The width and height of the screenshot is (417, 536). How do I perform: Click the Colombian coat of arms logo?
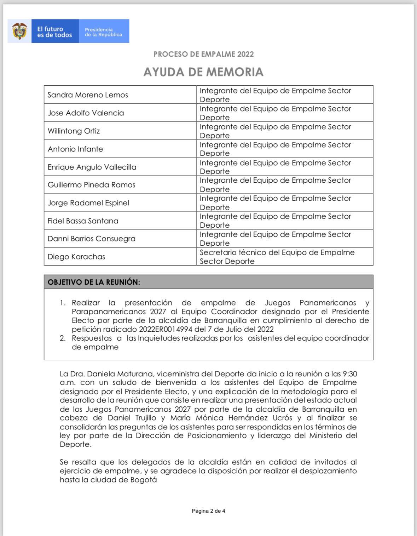[19, 31]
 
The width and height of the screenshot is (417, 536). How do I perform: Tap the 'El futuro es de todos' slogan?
[54, 32]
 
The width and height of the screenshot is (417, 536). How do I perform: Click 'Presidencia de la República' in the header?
[103, 32]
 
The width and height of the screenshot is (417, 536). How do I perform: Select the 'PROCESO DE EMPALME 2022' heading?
[203, 54]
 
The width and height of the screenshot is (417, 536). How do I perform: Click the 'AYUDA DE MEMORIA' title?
[203, 72]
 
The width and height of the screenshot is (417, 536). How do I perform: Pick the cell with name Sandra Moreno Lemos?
[88, 95]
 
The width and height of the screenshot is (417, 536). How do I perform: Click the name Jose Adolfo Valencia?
[86, 113]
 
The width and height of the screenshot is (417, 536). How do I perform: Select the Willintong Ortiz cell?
[74, 131]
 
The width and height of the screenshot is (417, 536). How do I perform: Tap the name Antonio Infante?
[75, 149]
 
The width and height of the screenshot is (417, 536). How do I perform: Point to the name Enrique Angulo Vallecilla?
[92, 167]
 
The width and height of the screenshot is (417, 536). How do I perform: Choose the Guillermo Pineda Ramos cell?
[91, 185]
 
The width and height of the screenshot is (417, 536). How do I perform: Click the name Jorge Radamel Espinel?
[88, 203]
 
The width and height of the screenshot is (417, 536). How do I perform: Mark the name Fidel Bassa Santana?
[83, 221]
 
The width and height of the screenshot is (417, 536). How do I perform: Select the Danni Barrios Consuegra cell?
[92, 239]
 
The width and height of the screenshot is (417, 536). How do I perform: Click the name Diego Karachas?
[76, 257]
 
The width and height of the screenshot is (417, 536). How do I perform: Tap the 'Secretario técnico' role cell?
[277, 257]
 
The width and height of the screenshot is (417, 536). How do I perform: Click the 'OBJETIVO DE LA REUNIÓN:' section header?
[94, 282]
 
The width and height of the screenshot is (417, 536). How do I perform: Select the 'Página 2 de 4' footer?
[208, 511]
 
